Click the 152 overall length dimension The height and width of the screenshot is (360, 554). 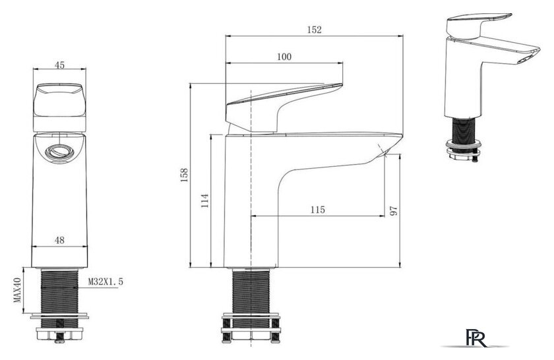(315, 30)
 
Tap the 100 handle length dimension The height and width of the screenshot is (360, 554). (284, 57)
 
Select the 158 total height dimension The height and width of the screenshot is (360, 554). (185, 175)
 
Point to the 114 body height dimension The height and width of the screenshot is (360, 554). (205, 200)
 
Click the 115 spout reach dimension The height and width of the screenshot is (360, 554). (318, 210)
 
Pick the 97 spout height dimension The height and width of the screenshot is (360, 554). (394, 211)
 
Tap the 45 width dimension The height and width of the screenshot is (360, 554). (60, 65)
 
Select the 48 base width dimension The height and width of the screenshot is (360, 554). (60, 240)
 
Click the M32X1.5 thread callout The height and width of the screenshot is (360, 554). (106, 282)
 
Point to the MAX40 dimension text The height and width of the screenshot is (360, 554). (17, 289)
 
